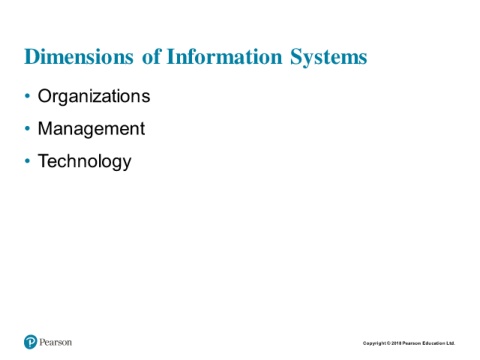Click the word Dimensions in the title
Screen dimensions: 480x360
point(79,56)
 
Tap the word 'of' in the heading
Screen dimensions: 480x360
point(152,56)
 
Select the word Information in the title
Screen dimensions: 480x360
point(224,56)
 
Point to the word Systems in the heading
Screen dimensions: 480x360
point(328,57)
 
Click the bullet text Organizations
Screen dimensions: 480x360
point(94,97)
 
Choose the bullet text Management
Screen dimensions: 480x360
point(91,129)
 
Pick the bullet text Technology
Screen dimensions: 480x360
point(85,162)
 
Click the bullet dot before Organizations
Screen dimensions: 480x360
point(27,96)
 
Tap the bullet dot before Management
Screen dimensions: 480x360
point(27,129)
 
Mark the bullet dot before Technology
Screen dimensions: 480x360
point(27,161)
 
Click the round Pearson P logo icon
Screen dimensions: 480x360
point(30,342)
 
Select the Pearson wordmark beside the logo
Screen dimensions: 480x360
point(56,342)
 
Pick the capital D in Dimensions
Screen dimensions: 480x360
point(32,57)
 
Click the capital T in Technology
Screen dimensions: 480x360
point(44,160)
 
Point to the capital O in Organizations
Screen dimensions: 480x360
point(45,96)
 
